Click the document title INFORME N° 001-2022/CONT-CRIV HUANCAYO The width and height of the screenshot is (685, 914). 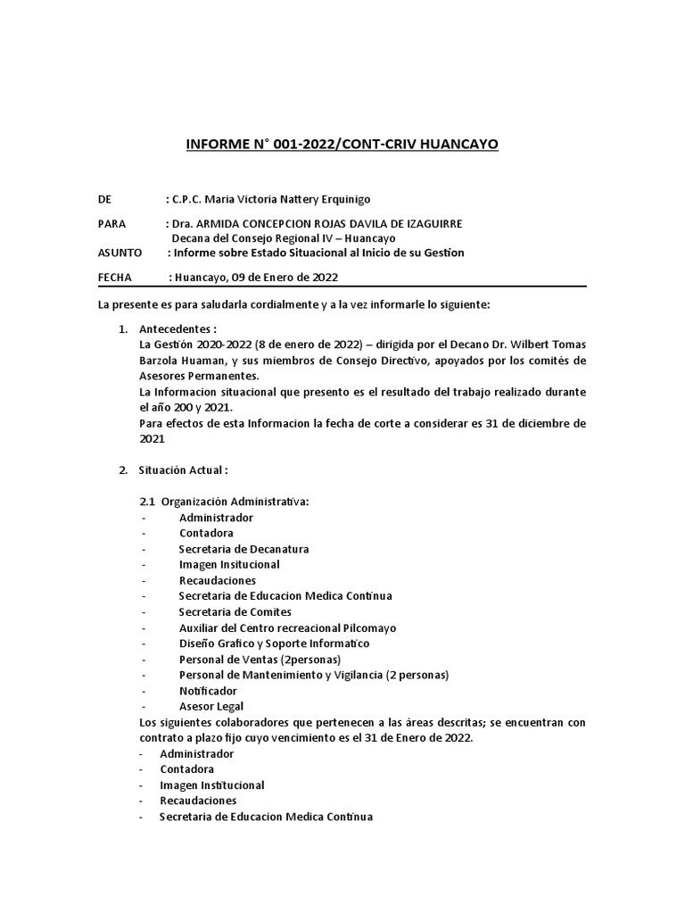[x=342, y=144]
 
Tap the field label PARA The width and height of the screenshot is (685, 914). [x=111, y=223]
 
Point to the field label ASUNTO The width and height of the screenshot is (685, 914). [x=120, y=253]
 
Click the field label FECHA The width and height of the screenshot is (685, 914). [x=114, y=278]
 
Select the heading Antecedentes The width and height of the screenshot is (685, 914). [x=178, y=329]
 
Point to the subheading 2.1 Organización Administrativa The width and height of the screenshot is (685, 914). [x=223, y=502]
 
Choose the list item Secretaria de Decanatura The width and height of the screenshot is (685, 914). [x=243, y=549]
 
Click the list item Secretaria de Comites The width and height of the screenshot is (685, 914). [x=235, y=611]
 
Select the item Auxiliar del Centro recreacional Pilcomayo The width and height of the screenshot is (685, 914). [x=287, y=627]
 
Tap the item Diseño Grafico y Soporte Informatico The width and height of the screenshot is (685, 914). [x=274, y=643]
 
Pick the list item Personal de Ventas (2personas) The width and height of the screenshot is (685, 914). [x=260, y=659]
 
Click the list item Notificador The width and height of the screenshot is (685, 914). [x=208, y=691]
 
